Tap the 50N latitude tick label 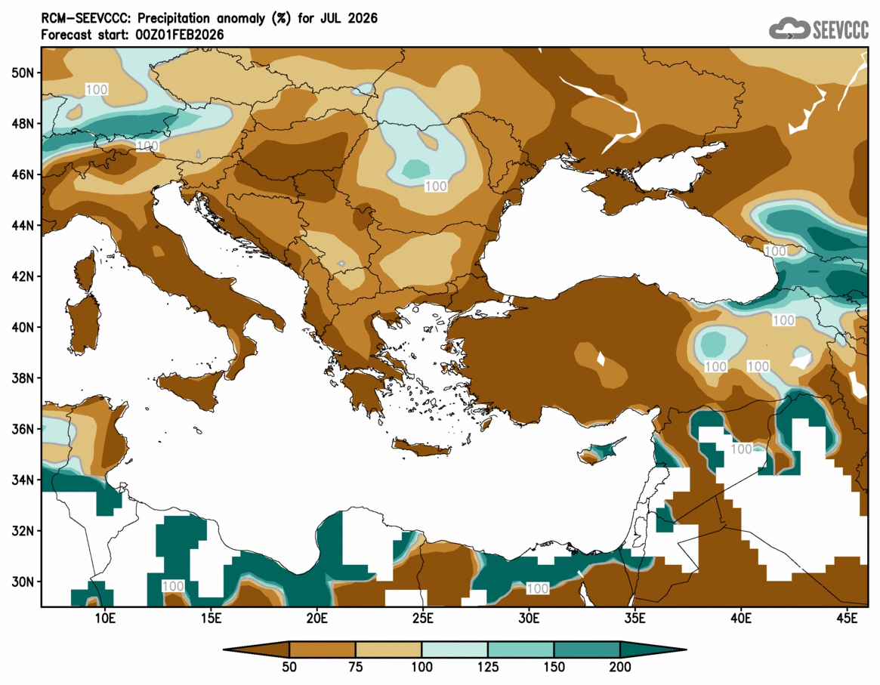[x=23, y=73]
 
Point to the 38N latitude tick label [x=23, y=378]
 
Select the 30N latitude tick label [x=23, y=582]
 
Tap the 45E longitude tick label [x=848, y=619]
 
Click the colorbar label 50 [x=289, y=667]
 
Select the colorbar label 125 [x=488, y=667]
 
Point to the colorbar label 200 [x=620, y=667]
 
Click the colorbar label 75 [x=356, y=667]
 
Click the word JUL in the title [x=333, y=17]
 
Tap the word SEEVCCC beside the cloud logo [x=841, y=29]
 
